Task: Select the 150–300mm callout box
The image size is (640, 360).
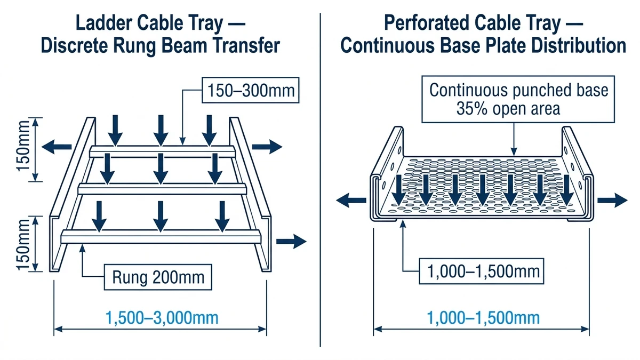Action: pyautogui.click(x=250, y=90)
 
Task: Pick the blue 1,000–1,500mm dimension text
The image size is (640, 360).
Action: pyautogui.click(x=483, y=318)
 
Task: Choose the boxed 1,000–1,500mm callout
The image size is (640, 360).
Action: pyautogui.click(x=484, y=273)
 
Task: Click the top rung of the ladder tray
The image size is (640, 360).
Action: pyautogui.click(x=160, y=151)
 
